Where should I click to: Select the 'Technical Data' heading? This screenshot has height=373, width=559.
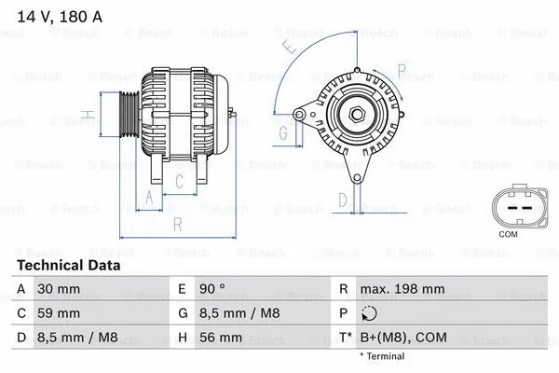(69, 266)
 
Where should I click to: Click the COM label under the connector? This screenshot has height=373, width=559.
(509, 234)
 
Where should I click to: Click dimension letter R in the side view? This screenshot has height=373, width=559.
(177, 224)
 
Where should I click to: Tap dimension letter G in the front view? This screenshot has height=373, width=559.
(282, 132)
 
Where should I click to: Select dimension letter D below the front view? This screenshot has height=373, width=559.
(342, 199)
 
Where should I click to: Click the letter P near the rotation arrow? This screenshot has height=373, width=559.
(401, 68)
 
